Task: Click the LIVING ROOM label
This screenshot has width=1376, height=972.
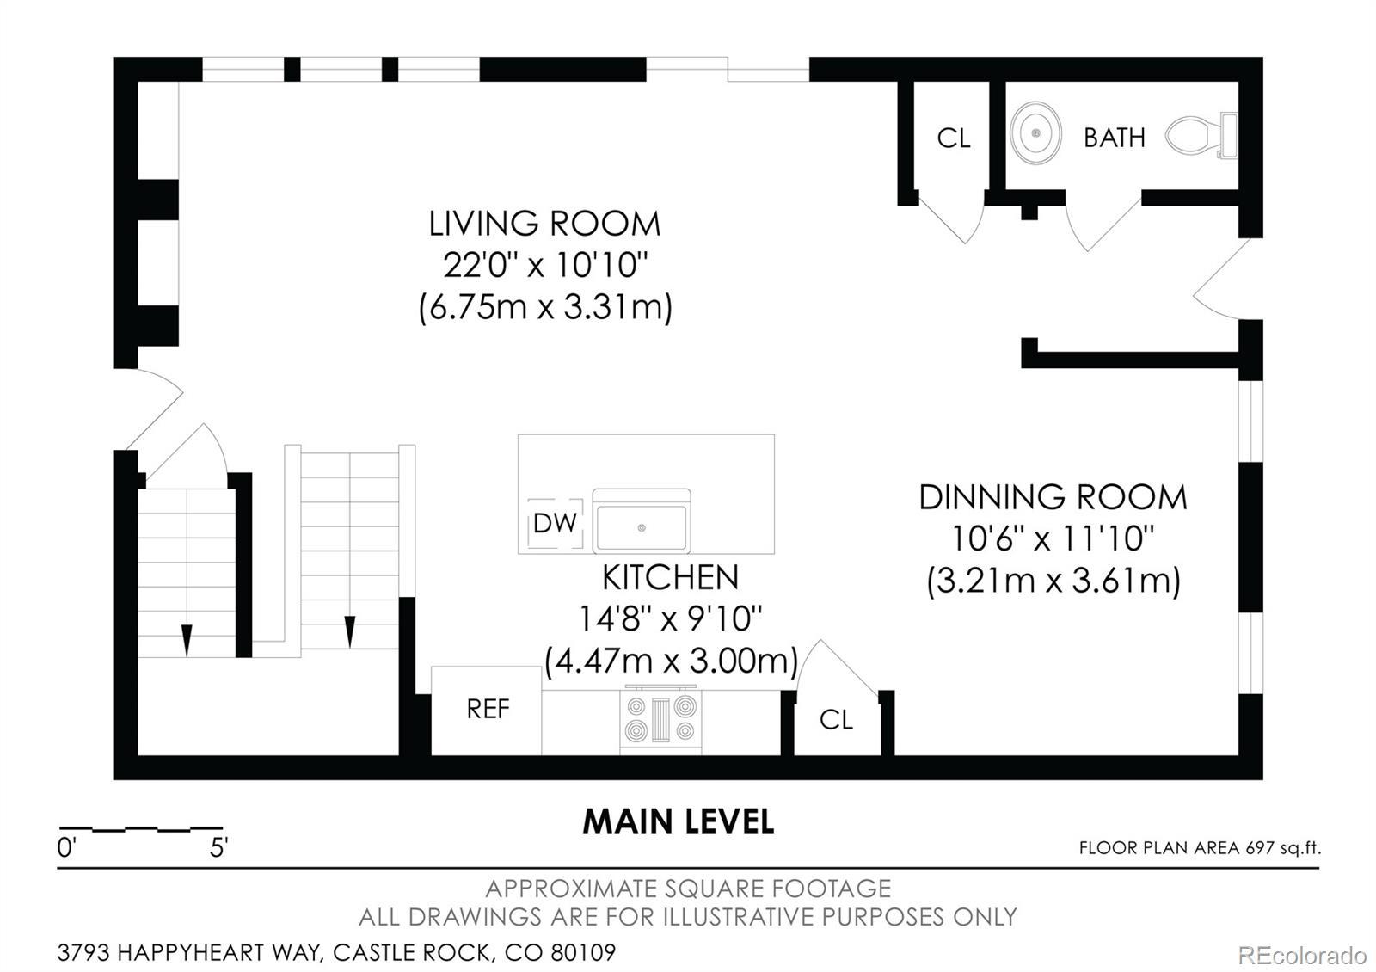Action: pos(544,224)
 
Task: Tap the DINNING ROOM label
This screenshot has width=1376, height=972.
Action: pos(1053,498)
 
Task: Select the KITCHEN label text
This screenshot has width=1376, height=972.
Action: pos(670,577)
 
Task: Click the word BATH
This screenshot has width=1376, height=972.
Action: pos(1115,138)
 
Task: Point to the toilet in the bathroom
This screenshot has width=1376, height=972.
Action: pos(1201,136)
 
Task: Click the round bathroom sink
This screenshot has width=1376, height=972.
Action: pos(1035,132)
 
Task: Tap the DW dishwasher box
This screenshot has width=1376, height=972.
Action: pos(555,524)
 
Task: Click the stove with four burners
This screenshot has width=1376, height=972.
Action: pos(660,719)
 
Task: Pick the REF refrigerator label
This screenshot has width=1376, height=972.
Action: pos(488,709)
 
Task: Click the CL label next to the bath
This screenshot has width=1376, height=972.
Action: pos(954,138)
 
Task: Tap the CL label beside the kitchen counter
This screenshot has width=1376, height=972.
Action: pos(836,719)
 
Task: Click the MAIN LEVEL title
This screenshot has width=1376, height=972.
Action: pos(679,821)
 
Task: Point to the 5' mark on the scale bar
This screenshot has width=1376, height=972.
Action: pos(218,848)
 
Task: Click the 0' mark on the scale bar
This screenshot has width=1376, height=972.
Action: pos(66,848)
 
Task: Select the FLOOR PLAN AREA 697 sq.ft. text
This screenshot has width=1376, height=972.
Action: pos(1200,848)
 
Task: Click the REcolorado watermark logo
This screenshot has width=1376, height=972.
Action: pos(1302,956)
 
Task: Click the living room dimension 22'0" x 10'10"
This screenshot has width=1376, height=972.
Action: pos(545,266)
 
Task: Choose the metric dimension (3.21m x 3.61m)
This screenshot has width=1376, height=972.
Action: pos(1053,581)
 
